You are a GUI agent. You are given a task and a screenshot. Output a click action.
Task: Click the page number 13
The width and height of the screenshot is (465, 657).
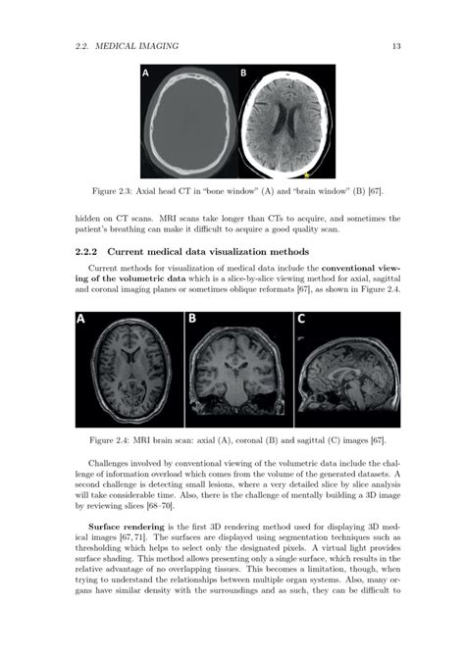tap(393, 46)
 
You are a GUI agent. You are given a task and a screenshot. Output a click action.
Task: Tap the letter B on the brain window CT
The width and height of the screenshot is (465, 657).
tap(244, 74)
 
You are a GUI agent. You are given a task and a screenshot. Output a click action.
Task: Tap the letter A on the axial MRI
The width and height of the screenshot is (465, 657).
tap(80, 320)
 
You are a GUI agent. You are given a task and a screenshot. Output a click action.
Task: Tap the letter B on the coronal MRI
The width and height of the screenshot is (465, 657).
tap(192, 320)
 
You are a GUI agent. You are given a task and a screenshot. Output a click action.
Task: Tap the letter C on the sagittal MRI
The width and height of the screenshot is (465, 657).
tap(301, 320)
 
